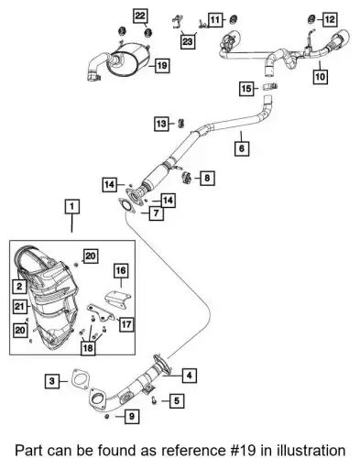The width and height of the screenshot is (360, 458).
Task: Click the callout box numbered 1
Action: [72, 207]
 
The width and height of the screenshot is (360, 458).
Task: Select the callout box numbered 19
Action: [162, 65]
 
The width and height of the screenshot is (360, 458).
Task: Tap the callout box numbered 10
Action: [320, 76]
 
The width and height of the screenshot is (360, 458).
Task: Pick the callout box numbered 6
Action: [242, 148]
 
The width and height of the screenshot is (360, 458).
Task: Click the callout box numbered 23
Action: [188, 41]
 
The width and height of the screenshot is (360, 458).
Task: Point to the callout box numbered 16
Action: [121, 270]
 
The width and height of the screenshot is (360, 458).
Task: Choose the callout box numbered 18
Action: [88, 348]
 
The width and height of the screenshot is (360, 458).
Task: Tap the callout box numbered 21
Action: [19, 306]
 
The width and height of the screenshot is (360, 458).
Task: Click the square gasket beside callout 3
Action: [81, 379]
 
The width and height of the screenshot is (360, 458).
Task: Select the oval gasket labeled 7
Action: [126, 206]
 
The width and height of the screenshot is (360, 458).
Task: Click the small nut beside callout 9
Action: [107, 417]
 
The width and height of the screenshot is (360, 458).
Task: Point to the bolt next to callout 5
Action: [154, 399]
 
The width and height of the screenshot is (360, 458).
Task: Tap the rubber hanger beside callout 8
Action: [186, 178]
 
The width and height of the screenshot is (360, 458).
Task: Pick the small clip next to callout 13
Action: [180, 123]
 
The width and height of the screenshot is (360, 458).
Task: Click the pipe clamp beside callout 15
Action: [270, 86]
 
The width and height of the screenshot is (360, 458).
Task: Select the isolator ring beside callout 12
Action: [311, 19]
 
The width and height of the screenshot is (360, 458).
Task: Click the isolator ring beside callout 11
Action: [234, 19]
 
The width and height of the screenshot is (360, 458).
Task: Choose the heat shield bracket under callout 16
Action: [117, 299]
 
